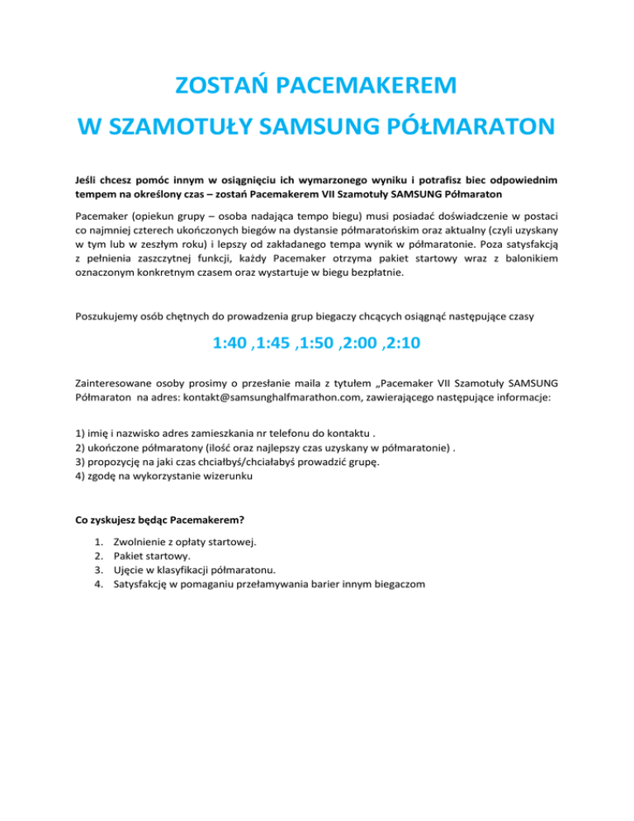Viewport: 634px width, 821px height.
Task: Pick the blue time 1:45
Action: [x=277, y=341]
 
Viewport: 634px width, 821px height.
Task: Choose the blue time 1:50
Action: [x=324, y=341]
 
